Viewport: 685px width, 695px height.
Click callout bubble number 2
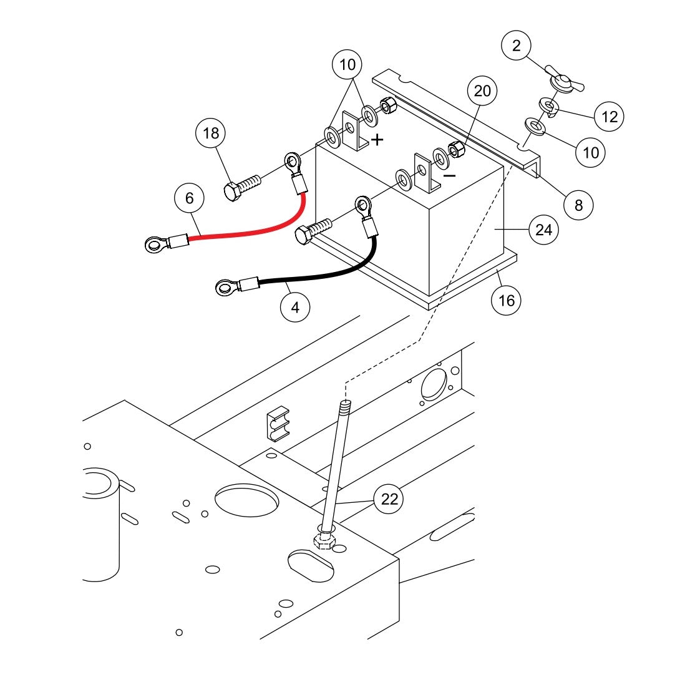point(516,45)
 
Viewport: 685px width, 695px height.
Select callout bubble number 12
point(609,116)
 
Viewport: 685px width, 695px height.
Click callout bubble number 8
point(578,205)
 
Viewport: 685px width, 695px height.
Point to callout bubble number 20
point(482,91)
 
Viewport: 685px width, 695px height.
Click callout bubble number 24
point(543,230)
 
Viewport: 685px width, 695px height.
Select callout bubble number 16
point(507,300)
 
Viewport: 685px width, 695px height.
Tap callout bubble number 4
point(295,307)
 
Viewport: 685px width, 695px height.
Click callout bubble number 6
point(189,198)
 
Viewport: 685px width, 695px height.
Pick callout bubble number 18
point(211,132)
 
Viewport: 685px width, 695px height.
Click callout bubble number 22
point(389,498)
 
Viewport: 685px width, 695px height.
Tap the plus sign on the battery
point(377,140)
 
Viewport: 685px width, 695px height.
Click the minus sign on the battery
point(449,176)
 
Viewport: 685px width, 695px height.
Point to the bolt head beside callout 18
point(232,191)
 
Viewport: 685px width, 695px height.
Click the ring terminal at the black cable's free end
point(223,288)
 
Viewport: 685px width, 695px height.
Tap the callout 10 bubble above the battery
point(347,64)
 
